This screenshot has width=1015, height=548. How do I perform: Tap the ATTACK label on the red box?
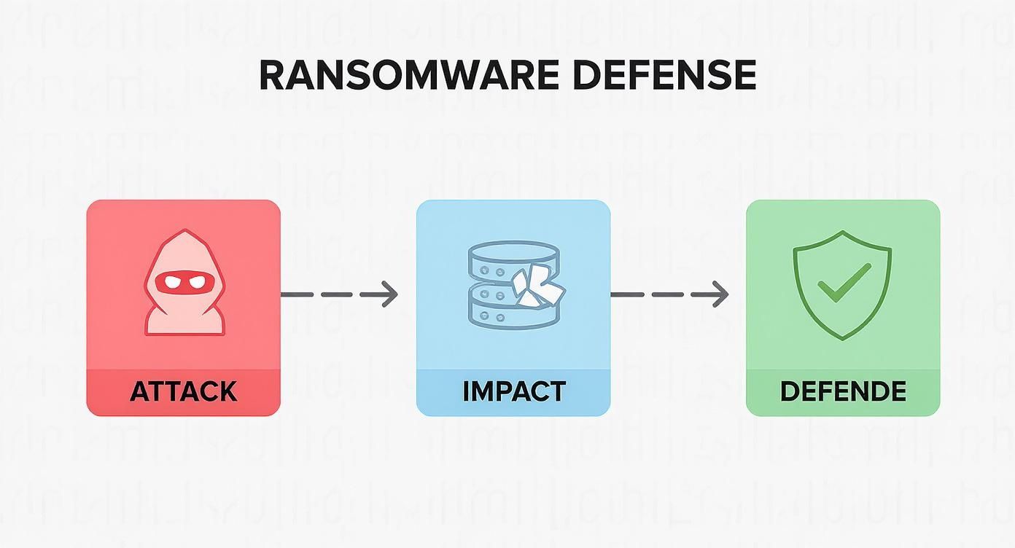pos(183,391)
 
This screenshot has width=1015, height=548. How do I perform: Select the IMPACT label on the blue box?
pos(513,391)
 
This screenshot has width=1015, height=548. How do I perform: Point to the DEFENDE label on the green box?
pos(843,391)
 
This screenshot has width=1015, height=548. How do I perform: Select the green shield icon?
pos(843,284)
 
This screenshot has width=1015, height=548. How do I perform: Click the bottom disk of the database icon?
pos(503,315)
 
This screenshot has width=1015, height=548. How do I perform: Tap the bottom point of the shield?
pos(843,337)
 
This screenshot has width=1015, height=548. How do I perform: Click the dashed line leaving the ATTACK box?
pos(328,294)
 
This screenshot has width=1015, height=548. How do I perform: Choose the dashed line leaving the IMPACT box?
pos(656,294)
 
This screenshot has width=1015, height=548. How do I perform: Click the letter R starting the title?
pos(271,75)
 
